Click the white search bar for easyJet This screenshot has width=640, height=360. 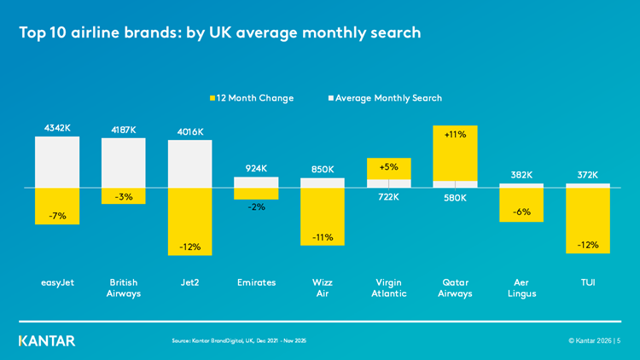pos(56,161)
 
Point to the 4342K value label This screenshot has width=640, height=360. pos(57,128)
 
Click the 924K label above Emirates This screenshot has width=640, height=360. pos(256,169)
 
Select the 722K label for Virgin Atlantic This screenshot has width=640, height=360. pos(389,197)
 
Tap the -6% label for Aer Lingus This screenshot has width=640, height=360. pos(522,212)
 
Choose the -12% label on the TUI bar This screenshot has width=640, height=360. pos(588,245)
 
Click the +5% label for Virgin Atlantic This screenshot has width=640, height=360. pos(389,167)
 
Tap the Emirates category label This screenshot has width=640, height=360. pos(256,282)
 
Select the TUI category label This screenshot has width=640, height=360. pos(588,282)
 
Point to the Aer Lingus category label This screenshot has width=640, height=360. pos(522,287)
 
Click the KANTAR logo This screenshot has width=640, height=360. pos(47,340)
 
